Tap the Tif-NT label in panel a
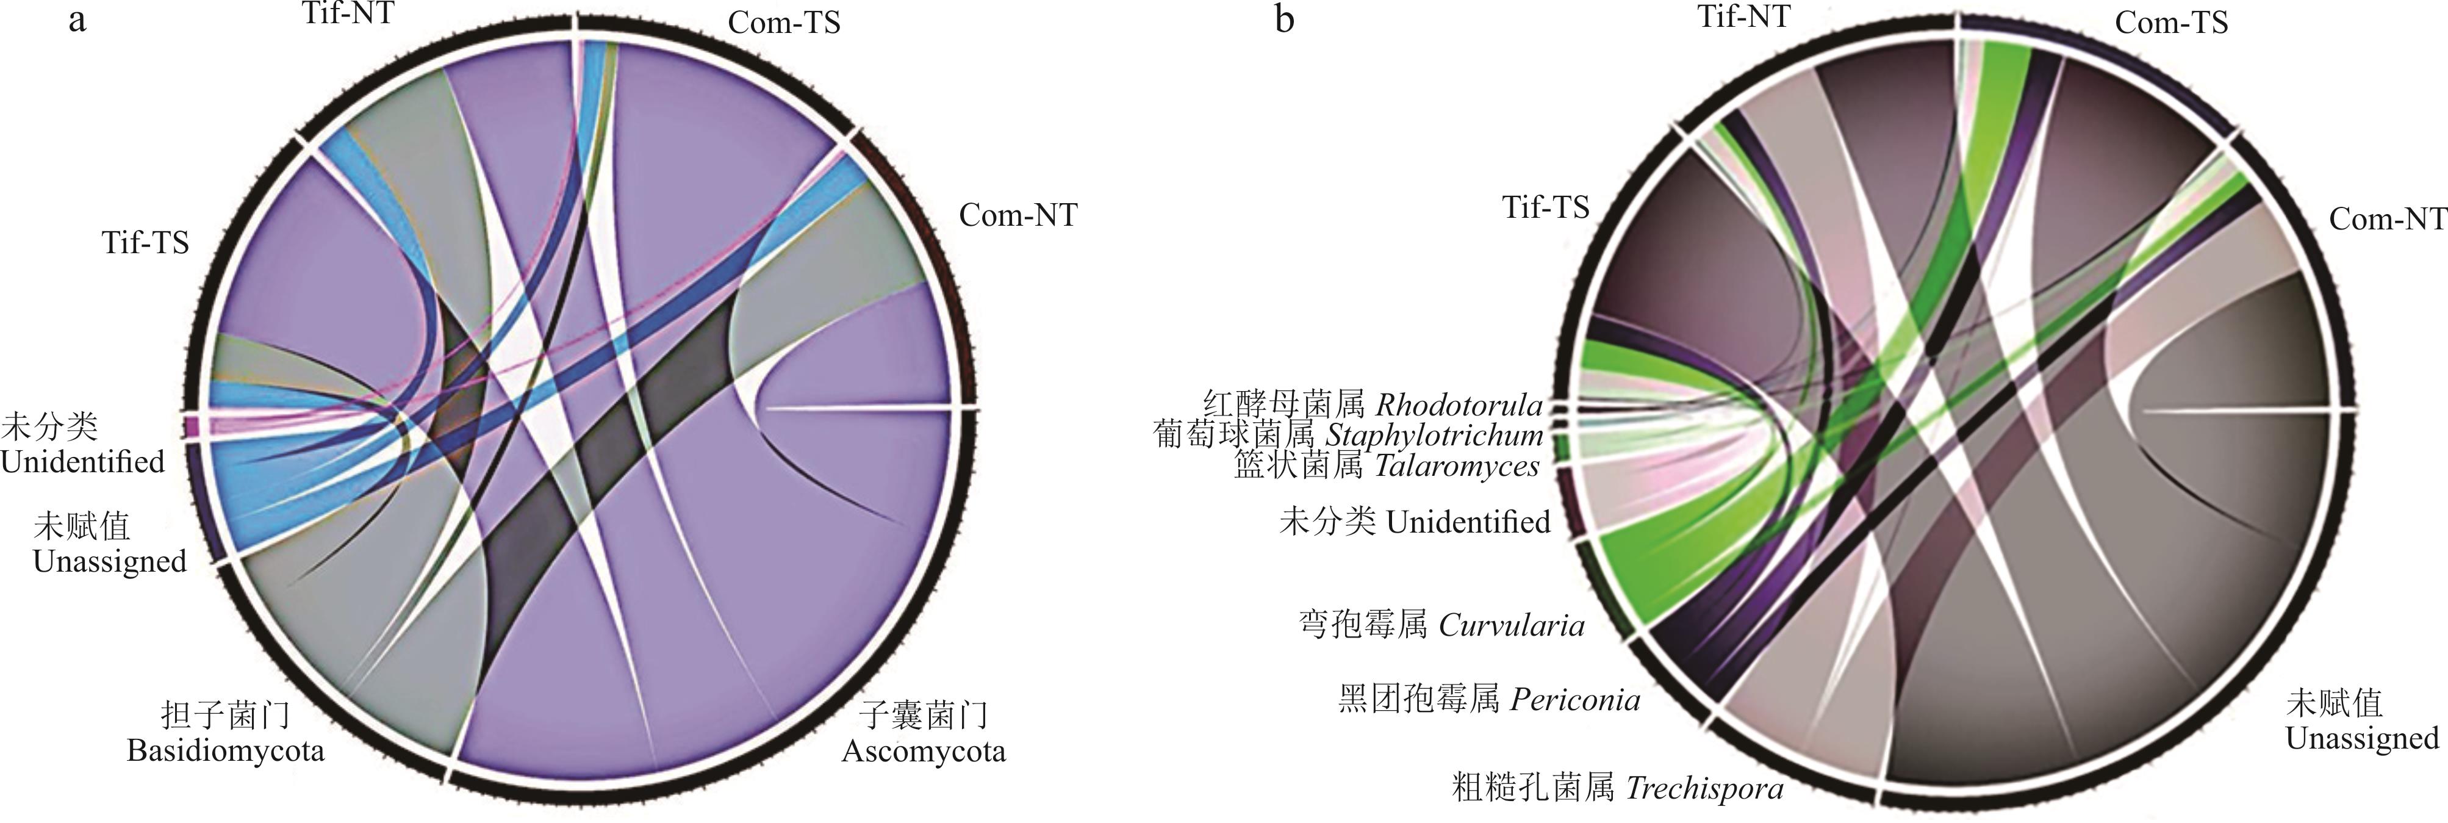(349, 14)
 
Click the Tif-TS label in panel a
(145, 243)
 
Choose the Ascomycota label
(924, 751)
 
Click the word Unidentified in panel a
(83, 462)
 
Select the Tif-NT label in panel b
(1744, 15)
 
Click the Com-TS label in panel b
(2172, 22)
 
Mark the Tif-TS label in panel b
(1545, 207)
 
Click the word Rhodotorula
(1459, 405)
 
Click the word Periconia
(1574, 700)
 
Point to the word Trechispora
(1704, 789)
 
